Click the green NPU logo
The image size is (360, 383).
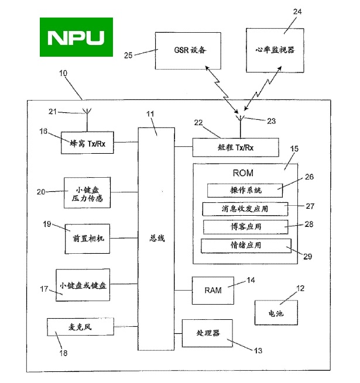pos(77,37)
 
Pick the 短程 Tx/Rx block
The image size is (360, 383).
pos(235,147)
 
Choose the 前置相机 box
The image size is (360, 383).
pos(87,238)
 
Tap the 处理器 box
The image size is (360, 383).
pos(207,333)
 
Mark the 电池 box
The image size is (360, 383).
pos(276,313)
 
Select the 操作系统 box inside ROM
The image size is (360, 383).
pos(245,191)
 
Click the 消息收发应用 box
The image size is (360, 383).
pos(245,208)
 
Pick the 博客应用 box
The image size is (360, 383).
pos(245,226)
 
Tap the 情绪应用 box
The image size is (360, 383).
pos(246,246)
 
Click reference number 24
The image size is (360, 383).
pos(297,11)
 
